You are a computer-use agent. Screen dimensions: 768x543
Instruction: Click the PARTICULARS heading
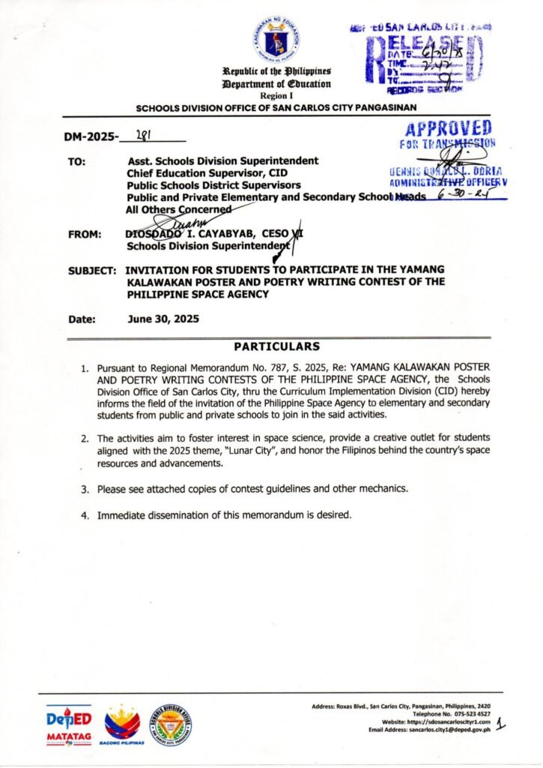(x=276, y=346)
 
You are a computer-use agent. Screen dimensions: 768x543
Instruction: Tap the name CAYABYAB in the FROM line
(x=224, y=234)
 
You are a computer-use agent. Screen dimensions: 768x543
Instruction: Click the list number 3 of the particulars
(x=86, y=489)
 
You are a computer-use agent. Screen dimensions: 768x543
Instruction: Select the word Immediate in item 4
(x=123, y=515)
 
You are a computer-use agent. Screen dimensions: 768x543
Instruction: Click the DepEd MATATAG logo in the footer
(x=69, y=724)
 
